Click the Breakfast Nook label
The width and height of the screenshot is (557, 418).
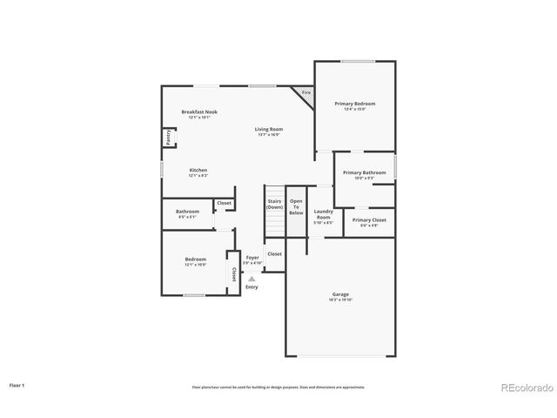click(199, 112)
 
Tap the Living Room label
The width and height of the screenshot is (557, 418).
click(268, 129)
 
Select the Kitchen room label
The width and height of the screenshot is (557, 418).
click(198, 170)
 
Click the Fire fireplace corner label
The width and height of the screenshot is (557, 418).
click(305, 91)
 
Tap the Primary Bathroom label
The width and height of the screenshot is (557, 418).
click(364, 172)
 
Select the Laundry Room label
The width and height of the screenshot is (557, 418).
click(323, 214)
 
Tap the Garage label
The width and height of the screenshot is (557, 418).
click(340, 294)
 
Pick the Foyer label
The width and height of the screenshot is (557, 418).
click(252, 258)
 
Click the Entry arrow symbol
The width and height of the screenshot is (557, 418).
click(252, 279)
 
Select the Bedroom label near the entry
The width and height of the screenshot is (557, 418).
click(195, 259)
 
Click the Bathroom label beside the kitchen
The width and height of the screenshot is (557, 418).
click(187, 212)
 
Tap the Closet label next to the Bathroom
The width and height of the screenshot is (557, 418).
click(224, 203)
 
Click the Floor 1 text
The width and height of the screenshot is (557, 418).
click(17, 384)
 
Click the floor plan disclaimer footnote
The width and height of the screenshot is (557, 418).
click(278, 387)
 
